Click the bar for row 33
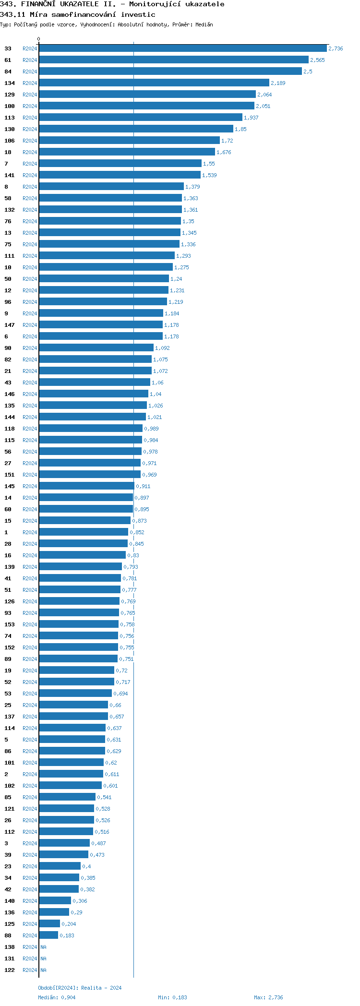pos(182,48)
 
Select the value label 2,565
pos(317,60)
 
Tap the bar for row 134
pos(154,83)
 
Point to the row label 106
pos(10,141)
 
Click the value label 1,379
pos(192,187)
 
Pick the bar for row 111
pos(107,256)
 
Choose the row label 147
pos(10,325)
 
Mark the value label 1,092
pos(162,348)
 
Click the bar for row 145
pos(86,486)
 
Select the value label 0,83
pos(133,555)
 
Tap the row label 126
pos(10,601)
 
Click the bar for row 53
pos(75,694)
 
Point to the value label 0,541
pos(104,797)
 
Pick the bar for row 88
pos(48,935)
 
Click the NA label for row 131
pos(43,958)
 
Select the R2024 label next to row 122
pos(30,970)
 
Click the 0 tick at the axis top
pos(39,39)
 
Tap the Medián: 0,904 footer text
pos(57,997)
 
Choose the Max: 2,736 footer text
pos(268,997)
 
